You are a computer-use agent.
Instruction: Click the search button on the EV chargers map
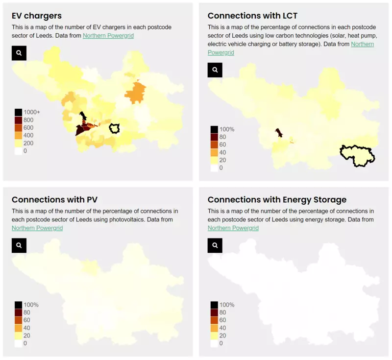19,53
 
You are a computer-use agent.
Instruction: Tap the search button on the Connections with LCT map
215,70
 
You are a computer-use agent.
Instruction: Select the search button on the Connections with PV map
19,245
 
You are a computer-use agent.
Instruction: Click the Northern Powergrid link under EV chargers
108,36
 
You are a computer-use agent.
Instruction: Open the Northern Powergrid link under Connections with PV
37,228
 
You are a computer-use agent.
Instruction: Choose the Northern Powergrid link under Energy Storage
233,228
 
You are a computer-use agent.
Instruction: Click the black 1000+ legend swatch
18,112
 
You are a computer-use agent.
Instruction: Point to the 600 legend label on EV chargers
28,128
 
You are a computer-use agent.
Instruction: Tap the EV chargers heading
36,16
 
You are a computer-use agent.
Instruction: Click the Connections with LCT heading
252,16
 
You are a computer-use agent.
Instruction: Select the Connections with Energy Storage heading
277,200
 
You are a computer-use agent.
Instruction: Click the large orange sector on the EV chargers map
136,93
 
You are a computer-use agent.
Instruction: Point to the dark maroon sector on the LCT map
279,133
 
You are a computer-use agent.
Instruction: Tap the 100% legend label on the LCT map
227,129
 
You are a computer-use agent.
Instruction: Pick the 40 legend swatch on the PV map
18,328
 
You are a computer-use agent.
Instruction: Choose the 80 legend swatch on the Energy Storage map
214,312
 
